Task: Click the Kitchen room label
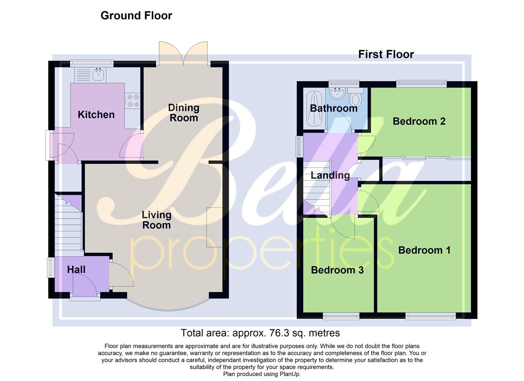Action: coord(96,115)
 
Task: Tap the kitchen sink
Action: coord(98,74)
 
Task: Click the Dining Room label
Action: coord(183,113)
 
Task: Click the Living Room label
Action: coord(156,220)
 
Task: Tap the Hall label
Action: coord(76,270)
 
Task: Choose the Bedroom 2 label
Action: coord(419,121)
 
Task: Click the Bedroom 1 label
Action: coord(424,250)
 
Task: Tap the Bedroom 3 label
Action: coord(337,270)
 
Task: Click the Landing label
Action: coord(330,175)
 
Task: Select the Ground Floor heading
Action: coord(136,16)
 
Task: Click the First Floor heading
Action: coord(386,54)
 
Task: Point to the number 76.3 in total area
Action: coord(279,333)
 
